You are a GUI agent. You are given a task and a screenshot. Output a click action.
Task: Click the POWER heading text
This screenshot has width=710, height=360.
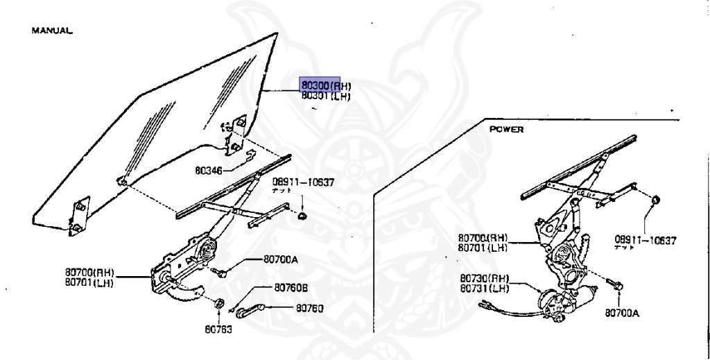(506, 129)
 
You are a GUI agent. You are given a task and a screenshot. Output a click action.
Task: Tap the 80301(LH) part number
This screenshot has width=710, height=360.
(326, 97)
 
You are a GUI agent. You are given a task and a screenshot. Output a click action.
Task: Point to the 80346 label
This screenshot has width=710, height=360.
(209, 169)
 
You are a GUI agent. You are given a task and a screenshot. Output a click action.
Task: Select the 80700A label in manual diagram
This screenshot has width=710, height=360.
(280, 259)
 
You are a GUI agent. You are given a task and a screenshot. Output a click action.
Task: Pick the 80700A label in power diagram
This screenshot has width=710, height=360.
(622, 313)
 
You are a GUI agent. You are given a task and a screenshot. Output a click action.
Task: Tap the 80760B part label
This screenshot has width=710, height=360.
(291, 287)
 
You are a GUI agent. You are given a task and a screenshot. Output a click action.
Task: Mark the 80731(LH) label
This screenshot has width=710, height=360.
(485, 288)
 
